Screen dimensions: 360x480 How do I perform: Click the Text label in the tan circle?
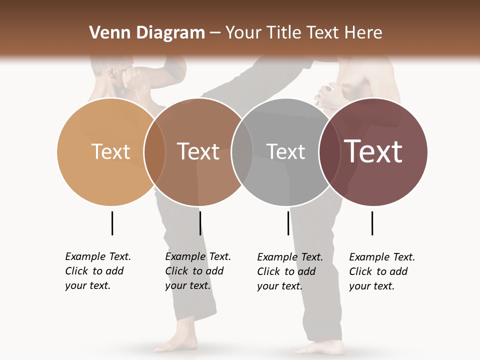pos(110,151)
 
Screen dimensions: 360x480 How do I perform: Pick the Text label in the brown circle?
pos(198,151)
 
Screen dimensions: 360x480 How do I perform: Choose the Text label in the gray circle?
pos(285,151)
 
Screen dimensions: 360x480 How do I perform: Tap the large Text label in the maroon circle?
pos(373,151)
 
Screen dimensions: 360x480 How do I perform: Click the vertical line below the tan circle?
pos(112,223)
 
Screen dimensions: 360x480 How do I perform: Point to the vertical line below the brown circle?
pos(200,223)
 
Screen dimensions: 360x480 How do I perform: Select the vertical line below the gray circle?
pos(288,223)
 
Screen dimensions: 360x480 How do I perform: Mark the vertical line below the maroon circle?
pos(372,223)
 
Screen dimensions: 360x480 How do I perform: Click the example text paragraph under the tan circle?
pos(98,271)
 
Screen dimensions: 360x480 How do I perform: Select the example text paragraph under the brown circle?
pos(198,271)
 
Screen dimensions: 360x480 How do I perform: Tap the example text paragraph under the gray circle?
pos(290,271)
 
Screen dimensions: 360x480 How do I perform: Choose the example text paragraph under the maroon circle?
pos(382,271)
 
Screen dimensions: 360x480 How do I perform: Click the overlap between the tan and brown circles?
pos(154,152)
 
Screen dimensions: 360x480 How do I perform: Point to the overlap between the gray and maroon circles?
pos(330,152)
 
